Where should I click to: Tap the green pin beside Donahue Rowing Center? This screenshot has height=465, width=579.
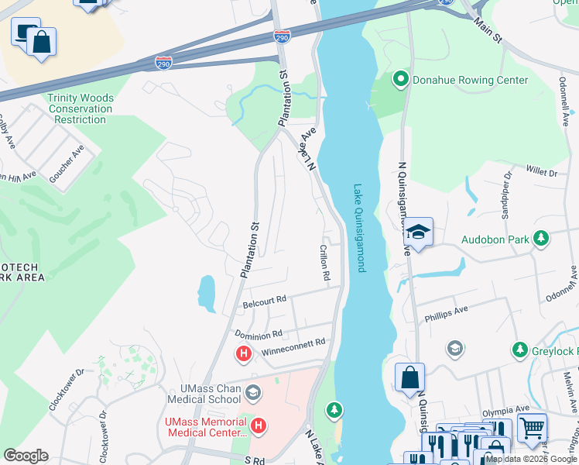[x=400, y=79]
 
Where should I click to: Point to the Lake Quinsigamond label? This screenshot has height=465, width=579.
[x=358, y=227]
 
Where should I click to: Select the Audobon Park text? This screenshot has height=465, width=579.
[x=495, y=239]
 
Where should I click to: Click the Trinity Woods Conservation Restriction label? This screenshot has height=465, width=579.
[x=81, y=109]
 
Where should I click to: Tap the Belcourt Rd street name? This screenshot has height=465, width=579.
[x=265, y=298]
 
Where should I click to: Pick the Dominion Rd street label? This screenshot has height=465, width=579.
[x=259, y=335]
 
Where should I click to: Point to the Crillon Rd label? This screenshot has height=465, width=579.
[x=325, y=263]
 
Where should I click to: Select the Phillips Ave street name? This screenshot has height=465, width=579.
[x=446, y=315]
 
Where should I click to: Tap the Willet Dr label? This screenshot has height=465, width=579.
[x=541, y=170]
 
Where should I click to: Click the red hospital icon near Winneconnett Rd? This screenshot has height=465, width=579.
[x=244, y=354]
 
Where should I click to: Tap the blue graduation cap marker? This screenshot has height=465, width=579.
[x=418, y=232]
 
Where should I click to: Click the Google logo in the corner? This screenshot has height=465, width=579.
[x=25, y=455]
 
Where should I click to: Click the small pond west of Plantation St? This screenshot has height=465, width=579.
[x=207, y=293]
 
